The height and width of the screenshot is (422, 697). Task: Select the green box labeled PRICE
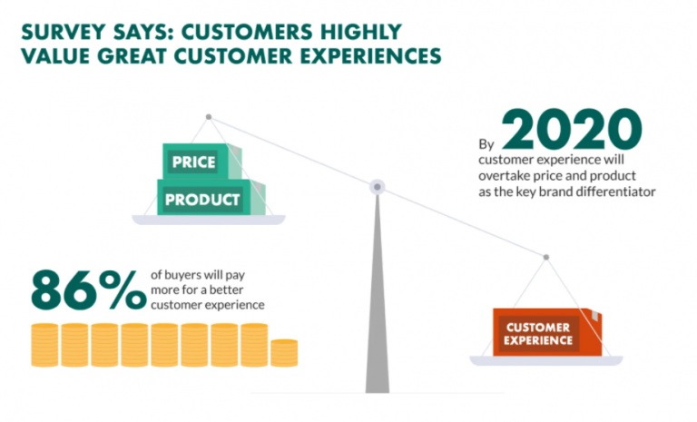coord(193,162)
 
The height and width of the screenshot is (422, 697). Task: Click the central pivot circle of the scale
coord(377,187)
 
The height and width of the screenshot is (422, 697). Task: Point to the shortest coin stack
coord(284,352)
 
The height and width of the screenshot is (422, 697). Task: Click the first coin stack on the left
coord(44,344)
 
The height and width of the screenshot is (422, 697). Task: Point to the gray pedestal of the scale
coord(377,309)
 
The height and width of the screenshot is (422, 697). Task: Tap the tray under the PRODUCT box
coord(208,219)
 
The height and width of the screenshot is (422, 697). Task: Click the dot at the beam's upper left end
coord(209,116)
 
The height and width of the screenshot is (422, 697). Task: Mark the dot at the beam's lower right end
coord(545,257)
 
